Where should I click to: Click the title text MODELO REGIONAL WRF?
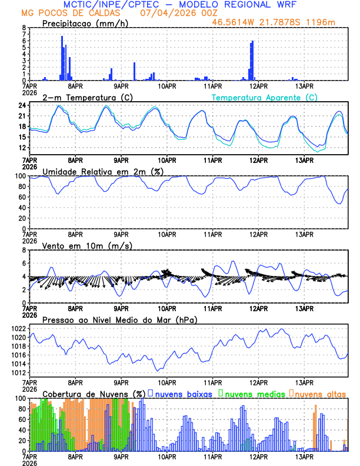[x=249, y=5]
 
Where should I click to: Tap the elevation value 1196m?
[x=323, y=22]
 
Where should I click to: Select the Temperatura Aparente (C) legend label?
[x=265, y=97]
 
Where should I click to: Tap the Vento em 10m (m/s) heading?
[x=87, y=245]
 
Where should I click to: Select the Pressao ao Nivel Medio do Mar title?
[x=119, y=319]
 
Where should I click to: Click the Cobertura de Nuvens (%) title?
[x=94, y=393]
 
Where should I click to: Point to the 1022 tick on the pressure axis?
[x=18, y=328]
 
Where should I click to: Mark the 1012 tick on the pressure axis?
[x=18, y=372]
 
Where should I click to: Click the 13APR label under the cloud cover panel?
[x=304, y=456]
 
